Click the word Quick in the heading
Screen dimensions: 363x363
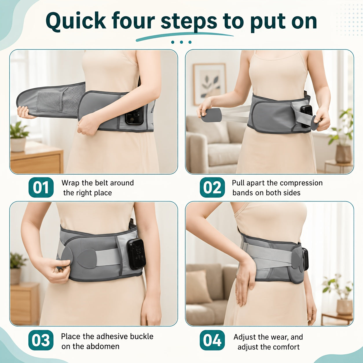(76, 21)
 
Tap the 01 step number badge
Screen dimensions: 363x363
(41, 187)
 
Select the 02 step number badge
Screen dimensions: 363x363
(212, 187)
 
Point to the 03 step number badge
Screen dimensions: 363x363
(41, 340)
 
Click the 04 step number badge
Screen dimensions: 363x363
(212, 340)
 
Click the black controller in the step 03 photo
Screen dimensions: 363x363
(136, 254)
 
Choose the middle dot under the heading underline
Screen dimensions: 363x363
(181, 42)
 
